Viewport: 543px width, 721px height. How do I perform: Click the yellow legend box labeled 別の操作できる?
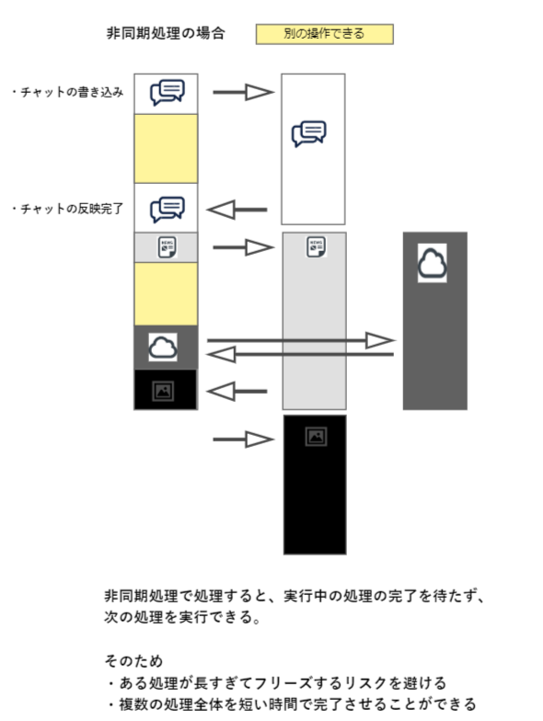coord(324,34)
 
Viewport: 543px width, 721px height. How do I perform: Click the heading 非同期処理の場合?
coord(166,34)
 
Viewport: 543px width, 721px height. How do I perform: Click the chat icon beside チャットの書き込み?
coord(167,92)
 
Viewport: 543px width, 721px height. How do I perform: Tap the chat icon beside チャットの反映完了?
coord(167,210)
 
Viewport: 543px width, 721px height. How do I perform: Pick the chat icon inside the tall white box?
coord(308,134)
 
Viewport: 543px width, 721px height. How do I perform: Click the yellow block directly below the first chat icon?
coord(166,148)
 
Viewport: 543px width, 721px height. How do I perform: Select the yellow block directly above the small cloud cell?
coord(166,293)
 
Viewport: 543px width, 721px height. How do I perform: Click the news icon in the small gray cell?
coord(167,247)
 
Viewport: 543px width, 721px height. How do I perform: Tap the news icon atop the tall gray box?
coord(316,246)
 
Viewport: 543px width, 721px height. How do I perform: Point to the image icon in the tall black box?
coord(316,436)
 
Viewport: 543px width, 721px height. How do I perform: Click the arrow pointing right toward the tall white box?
coord(244,92)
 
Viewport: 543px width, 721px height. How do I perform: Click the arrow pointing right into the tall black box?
coord(244,440)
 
